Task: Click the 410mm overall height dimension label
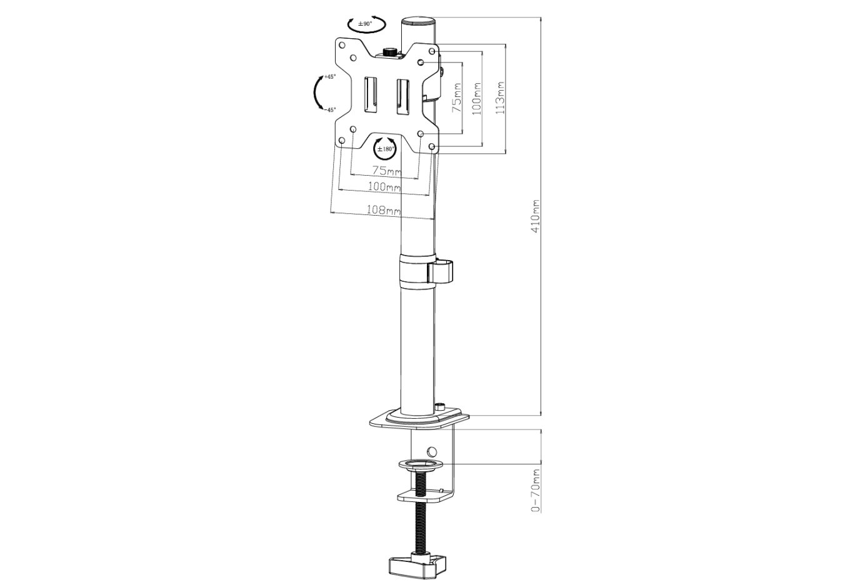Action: click(535, 218)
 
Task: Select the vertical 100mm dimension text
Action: click(478, 97)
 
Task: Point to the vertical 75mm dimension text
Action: click(457, 98)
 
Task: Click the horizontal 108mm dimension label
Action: click(381, 211)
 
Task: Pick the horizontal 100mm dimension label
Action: click(384, 186)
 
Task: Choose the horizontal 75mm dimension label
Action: click(386, 170)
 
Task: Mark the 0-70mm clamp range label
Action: click(535, 490)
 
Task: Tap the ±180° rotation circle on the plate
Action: click(384, 149)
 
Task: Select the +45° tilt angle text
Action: click(329, 77)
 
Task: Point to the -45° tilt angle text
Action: click(329, 109)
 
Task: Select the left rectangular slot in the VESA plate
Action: click(370, 96)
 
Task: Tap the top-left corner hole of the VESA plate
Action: click(342, 46)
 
